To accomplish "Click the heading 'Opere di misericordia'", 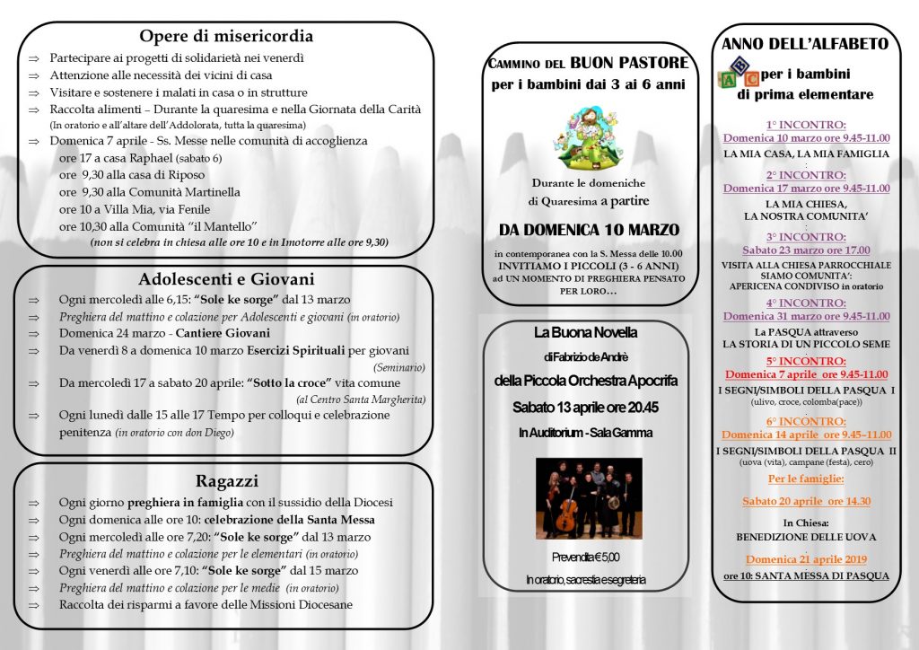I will [225, 37].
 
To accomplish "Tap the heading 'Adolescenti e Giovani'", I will [225, 278].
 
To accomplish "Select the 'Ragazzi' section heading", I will [225, 481].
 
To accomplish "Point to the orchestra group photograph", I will [589, 498].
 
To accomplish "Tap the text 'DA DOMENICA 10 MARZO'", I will [589, 230].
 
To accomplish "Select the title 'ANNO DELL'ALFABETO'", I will [805, 43].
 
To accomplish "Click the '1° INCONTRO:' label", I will [806, 125].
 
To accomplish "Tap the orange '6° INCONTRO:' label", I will [806, 421].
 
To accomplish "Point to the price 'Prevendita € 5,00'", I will [585, 557].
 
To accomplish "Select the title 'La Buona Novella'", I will [585, 332].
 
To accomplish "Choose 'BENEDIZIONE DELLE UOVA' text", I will [806, 537].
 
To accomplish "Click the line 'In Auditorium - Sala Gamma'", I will [585, 433].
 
